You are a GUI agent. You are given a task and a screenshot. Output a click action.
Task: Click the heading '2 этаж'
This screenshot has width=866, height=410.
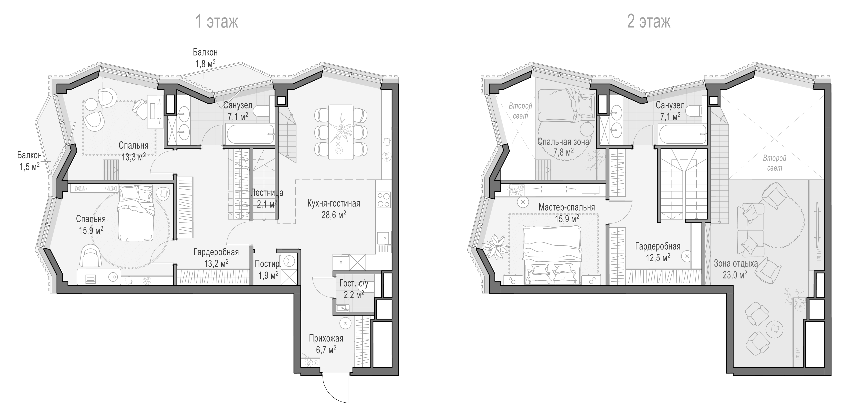point(649,22)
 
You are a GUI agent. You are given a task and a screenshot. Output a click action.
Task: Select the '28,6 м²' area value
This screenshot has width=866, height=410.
point(333,214)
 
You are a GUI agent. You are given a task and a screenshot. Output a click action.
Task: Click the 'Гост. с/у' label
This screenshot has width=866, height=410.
point(354,283)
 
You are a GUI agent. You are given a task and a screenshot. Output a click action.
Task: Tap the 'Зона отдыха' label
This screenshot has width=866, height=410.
point(736,263)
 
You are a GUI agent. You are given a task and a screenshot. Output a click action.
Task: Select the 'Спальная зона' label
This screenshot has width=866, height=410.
point(563,142)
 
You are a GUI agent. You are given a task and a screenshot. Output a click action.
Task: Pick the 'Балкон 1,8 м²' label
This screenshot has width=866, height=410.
point(205,58)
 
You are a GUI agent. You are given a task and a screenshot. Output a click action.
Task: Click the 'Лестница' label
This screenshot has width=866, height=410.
point(267,193)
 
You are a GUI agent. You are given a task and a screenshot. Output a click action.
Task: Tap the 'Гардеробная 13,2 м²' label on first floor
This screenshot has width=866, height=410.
point(216,257)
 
